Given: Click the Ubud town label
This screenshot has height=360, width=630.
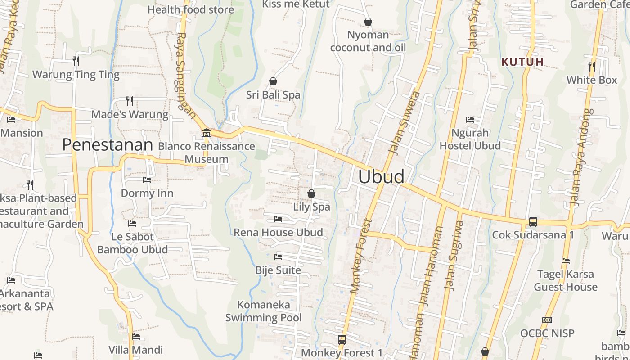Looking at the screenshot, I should pos(381,176).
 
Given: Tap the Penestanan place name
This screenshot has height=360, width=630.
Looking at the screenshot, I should pos(108,145).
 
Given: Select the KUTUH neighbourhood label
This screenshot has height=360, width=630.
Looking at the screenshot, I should pos(523,62).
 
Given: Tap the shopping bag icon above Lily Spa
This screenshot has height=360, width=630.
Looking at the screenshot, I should pos(311,193).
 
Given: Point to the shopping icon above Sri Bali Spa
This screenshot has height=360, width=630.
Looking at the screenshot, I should pos(273,81).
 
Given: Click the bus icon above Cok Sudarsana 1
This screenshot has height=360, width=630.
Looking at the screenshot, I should pos(533,221).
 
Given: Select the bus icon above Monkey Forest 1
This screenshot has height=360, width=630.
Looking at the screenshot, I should pos(342,339).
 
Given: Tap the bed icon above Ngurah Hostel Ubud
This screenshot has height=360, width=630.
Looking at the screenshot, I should pos(470,120).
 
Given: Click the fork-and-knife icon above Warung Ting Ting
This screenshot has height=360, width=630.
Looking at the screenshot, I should pos(76,61).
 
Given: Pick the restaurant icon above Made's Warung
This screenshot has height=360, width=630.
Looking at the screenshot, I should pos(130,101).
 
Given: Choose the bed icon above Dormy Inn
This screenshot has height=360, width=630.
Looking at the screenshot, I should pos(147,180).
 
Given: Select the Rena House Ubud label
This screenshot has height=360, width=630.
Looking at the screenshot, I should pos(278,233).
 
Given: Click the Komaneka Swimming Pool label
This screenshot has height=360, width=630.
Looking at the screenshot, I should pos(264,311).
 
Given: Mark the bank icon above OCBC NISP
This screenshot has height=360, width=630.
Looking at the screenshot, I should pos(547,320).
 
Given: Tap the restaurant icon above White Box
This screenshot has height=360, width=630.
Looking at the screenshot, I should pos(592,67).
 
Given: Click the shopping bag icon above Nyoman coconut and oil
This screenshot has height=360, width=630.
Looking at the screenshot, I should pos(368,22).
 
